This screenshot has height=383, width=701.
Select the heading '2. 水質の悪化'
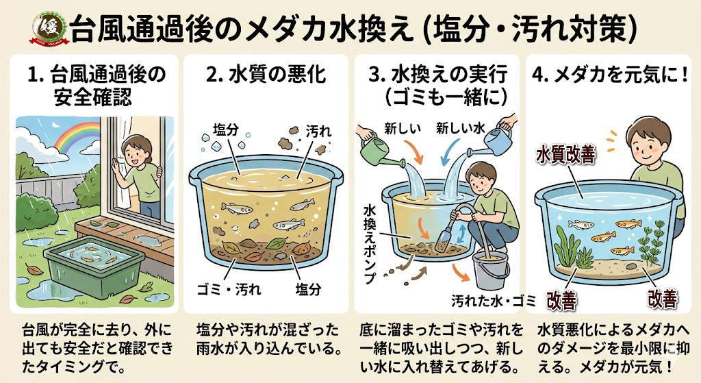coord(266,74)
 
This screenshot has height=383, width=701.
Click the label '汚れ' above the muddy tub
coord(318,131)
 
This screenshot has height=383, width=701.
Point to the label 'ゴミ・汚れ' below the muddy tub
coord(229,289)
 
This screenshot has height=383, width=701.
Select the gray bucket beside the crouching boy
coord(491,270)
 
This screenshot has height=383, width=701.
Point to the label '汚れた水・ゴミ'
coord(494,301)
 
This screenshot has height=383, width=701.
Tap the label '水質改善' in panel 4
coord(566,155)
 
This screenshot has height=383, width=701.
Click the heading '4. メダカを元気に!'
coord(610,75)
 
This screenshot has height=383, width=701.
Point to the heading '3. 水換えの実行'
coord(438,74)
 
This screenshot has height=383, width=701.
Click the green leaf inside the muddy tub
coord(277,243)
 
